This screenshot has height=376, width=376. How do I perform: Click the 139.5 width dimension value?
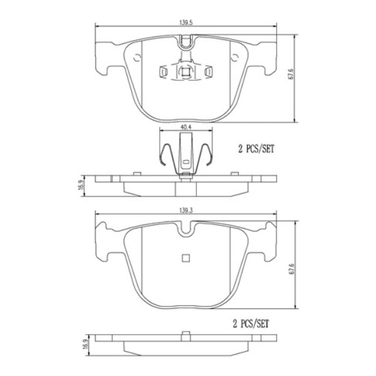pos(185,22)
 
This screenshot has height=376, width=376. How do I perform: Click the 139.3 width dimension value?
pos(185,209)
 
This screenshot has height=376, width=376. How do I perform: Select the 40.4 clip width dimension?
pos(185,127)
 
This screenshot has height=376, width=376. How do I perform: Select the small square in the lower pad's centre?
pos(185,258)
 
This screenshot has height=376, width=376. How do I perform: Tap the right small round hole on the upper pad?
pos(234,58)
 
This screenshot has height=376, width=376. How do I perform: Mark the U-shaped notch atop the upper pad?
pos(185,43)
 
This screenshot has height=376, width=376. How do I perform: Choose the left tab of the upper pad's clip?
pos(164,72)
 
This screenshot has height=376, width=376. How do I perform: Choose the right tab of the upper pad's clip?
pos(206,72)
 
